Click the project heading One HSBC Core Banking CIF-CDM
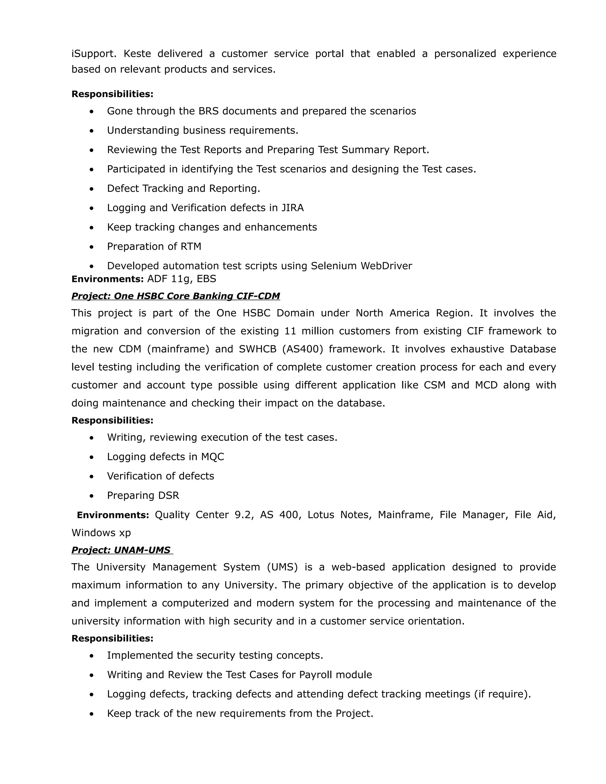175,296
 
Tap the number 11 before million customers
290,331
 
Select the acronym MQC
212,457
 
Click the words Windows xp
101,533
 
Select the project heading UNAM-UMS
122,550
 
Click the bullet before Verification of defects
92,477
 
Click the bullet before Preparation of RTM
92,247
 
